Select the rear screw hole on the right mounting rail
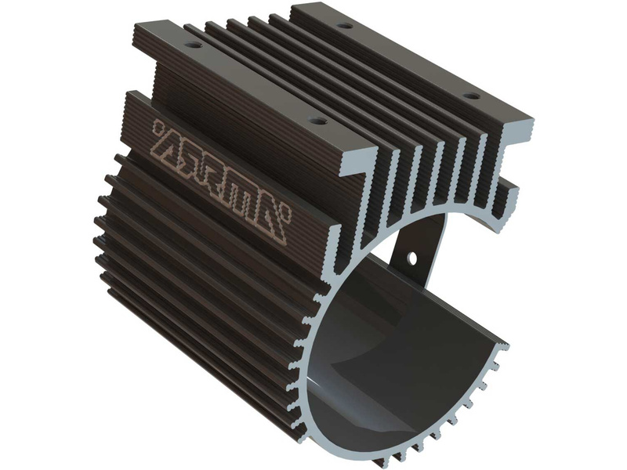coord(344,27)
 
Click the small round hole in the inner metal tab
coord(411,256)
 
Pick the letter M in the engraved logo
coord(244,194)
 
